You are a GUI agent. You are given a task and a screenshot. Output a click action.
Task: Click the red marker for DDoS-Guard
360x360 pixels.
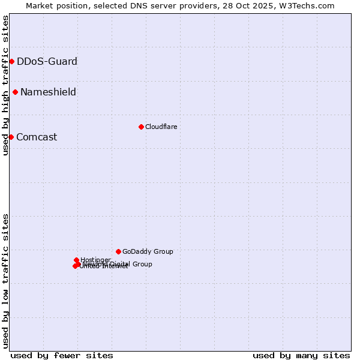(11, 61)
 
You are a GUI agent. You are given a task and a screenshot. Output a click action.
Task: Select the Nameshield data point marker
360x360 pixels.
(15, 92)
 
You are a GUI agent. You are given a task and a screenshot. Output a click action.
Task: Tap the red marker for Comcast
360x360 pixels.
(11, 137)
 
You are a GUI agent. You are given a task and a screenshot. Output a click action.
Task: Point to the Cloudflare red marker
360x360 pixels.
(141, 127)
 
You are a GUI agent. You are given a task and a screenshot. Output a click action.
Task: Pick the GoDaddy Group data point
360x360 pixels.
(118, 251)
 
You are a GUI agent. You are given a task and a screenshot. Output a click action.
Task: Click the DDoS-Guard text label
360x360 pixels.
(47, 61)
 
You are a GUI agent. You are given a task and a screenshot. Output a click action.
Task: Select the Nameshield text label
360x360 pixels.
(48, 92)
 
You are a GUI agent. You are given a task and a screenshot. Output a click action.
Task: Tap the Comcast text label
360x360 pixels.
(37, 137)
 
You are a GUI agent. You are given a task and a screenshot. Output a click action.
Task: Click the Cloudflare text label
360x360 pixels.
(161, 127)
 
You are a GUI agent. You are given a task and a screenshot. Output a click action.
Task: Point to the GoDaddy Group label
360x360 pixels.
(148, 251)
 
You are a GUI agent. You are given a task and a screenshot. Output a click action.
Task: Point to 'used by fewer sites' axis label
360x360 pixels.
(62, 355)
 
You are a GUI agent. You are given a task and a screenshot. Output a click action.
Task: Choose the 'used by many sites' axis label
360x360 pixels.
(301, 355)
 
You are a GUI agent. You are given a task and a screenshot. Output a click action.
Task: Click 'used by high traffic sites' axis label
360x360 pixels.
(5, 85)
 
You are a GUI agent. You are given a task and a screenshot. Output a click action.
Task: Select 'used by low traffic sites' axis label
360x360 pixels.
(5, 281)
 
